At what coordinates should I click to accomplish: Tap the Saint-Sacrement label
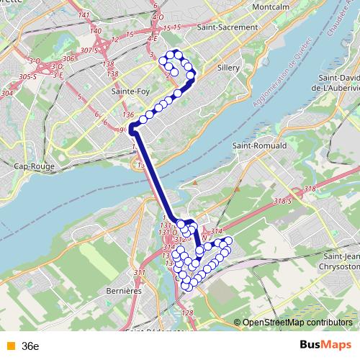[227, 27]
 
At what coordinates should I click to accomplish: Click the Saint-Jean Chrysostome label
[342, 261]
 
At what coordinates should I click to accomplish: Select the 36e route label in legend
[30, 346]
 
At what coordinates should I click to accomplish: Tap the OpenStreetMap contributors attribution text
[297, 323]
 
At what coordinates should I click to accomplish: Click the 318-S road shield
[282, 203]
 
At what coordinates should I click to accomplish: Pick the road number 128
[188, 312]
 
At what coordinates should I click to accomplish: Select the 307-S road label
[90, 50]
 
